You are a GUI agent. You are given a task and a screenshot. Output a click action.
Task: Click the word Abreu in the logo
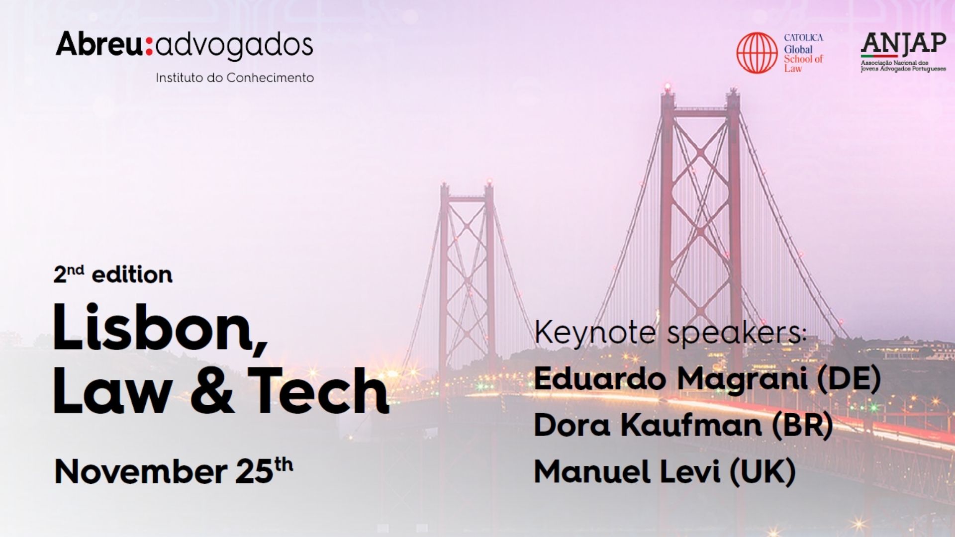click(x=99, y=44)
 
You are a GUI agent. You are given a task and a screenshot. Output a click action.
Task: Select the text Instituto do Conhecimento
click(x=235, y=78)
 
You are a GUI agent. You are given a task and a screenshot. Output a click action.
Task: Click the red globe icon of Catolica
click(x=757, y=53)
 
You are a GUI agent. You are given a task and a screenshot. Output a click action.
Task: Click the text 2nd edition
click(x=113, y=274)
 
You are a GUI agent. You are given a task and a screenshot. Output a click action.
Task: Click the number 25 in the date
click(x=254, y=471)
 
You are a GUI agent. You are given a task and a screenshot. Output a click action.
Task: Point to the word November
click(x=140, y=471)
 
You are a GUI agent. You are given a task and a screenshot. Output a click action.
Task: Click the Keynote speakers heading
click(x=669, y=333)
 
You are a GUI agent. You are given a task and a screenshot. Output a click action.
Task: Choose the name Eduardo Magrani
click(x=670, y=379)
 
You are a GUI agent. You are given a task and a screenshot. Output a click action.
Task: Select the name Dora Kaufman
click(x=648, y=425)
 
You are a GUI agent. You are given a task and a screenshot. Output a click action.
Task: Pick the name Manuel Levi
click(x=627, y=471)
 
